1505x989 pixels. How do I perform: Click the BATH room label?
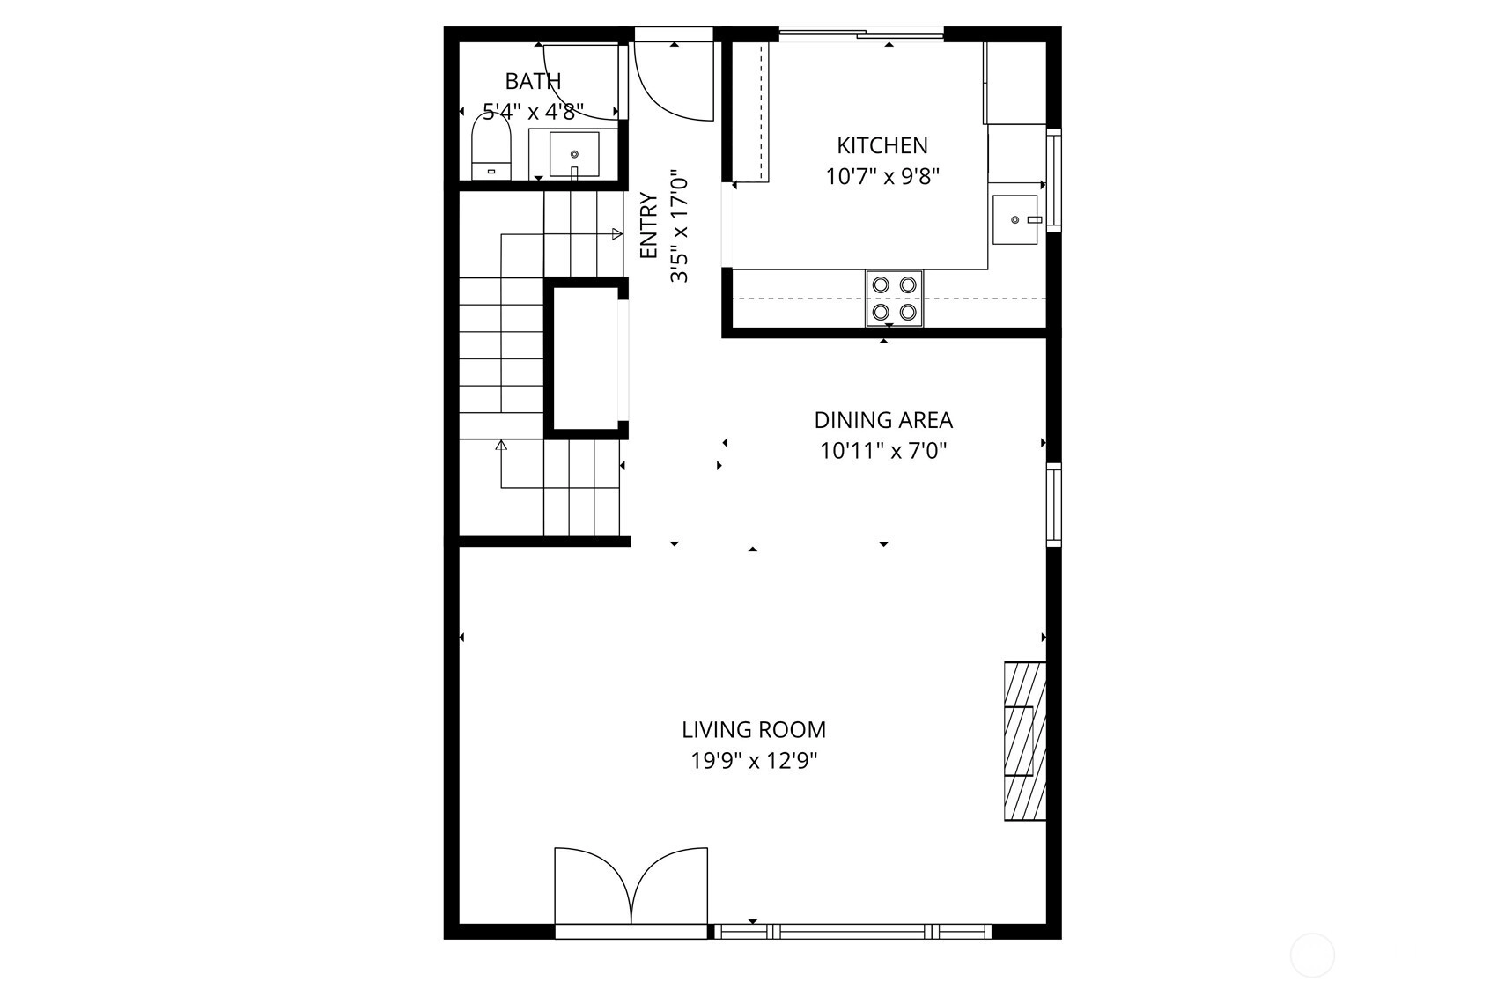coord(533,81)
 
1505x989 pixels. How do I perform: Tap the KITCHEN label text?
coord(882,145)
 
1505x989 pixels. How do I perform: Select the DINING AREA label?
coord(883,420)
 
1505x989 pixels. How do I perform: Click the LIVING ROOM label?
coord(754,729)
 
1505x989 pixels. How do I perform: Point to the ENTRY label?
coord(648,225)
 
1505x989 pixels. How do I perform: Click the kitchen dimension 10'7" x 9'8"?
coord(882,176)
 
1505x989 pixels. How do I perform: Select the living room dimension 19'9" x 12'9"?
coord(754,761)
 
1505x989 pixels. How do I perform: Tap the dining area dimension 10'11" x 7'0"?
coord(883,451)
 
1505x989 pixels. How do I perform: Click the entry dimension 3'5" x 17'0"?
coord(679,225)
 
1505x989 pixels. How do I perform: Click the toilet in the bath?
coord(491,147)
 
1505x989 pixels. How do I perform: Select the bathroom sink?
coord(574,154)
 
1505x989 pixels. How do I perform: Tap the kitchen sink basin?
coord(1015,219)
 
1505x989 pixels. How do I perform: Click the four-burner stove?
coord(894,299)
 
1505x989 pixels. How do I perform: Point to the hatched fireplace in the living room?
coord(1025,741)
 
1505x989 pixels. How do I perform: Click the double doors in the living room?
coord(631,886)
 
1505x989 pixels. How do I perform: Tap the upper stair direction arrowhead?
coord(617,233)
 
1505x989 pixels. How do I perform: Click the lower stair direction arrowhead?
coord(501,445)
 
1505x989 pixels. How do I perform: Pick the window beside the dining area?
coord(1054,504)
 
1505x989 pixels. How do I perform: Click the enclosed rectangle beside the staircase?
coord(586,358)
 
